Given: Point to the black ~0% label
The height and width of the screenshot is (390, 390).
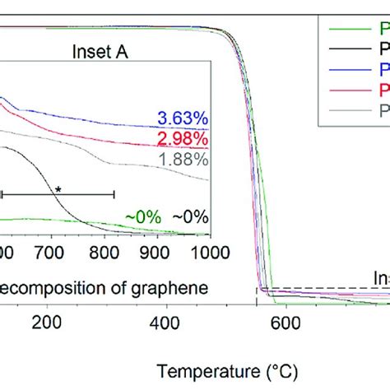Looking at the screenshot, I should [190, 216].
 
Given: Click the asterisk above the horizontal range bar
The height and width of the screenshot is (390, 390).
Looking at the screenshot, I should [58, 189].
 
